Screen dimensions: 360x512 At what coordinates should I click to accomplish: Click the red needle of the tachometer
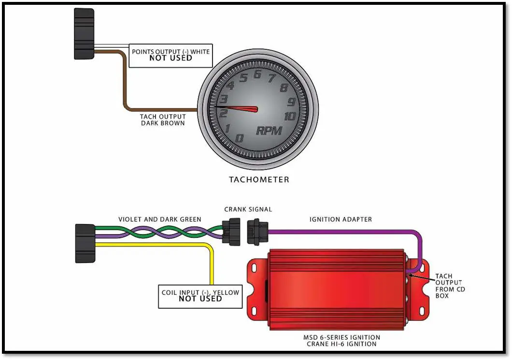(x=239, y=108)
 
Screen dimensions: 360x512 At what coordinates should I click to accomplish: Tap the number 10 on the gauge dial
(x=289, y=116)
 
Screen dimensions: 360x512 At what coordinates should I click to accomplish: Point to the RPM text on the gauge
(x=269, y=130)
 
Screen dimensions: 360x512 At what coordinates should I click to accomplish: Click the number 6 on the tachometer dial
(x=257, y=74)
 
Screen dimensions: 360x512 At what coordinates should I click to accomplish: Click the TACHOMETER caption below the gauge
(x=259, y=180)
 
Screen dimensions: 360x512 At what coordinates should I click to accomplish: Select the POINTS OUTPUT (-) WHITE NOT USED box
(x=171, y=55)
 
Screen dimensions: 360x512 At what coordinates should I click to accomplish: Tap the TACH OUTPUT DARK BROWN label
(x=162, y=120)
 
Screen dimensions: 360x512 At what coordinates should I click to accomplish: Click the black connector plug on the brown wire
(x=84, y=34)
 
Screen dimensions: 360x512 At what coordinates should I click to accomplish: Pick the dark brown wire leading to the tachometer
(x=124, y=87)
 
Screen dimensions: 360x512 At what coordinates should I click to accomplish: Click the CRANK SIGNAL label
(x=248, y=209)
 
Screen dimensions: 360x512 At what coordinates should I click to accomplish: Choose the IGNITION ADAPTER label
(x=341, y=219)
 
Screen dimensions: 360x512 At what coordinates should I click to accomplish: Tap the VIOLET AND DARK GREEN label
(x=159, y=219)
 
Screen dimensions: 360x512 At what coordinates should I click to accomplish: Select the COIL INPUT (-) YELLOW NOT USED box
(x=200, y=296)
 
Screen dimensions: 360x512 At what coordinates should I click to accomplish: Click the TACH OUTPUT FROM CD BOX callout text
(x=448, y=286)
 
